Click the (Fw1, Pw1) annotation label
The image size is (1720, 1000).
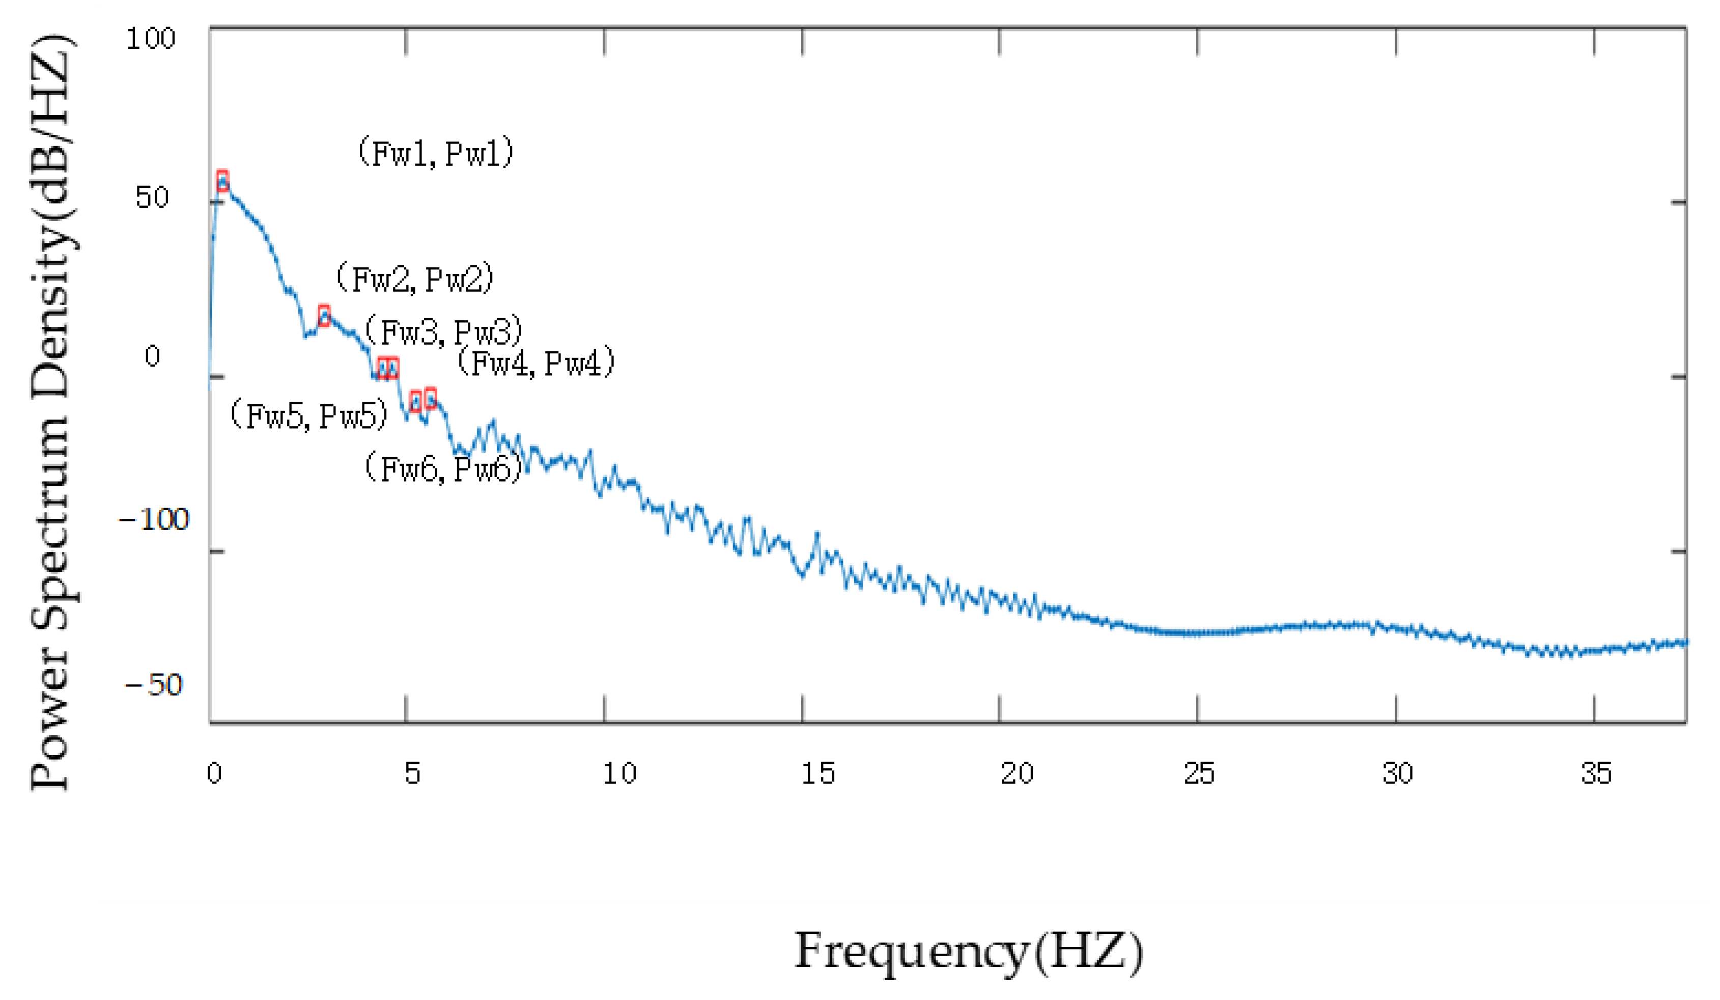pyautogui.click(x=435, y=152)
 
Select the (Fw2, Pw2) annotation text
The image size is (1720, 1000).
pyautogui.click(x=415, y=279)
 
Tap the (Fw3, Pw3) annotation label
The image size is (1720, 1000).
pyautogui.click(x=444, y=332)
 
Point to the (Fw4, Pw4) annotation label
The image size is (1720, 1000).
pyautogui.click(x=536, y=363)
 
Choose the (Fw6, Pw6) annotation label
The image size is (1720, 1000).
pyautogui.click(x=444, y=469)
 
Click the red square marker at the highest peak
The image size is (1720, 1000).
pyautogui.click(x=222, y=181)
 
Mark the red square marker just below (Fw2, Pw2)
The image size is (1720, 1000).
pyautogui.click(x=324, y=315)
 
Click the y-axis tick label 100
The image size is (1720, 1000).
pyautogui.click(x=151, y=38)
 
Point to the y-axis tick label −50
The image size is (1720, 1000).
pyautogui.click(x=154, y=685)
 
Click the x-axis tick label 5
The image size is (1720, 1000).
pyautogui.click(x=412, y=773)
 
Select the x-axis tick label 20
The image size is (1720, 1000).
pyautogui.click(x=1017, y=773)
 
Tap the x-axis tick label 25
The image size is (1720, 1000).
pyautogui.click(x=1199, y=773)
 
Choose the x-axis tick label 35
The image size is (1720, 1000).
pyautogui.click(x=1596, y=773)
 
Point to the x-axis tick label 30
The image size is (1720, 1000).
pyautogui.click(x=1397, y=773)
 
